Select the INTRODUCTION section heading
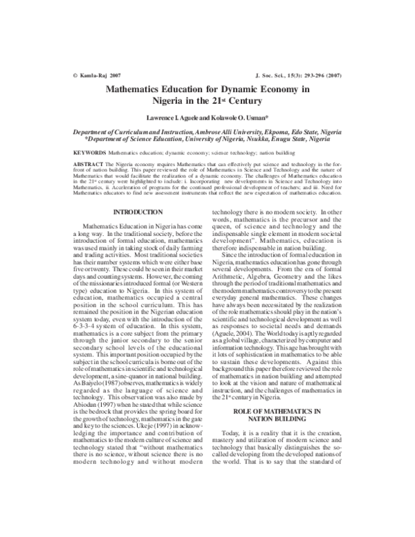click(x=138, y=211)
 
